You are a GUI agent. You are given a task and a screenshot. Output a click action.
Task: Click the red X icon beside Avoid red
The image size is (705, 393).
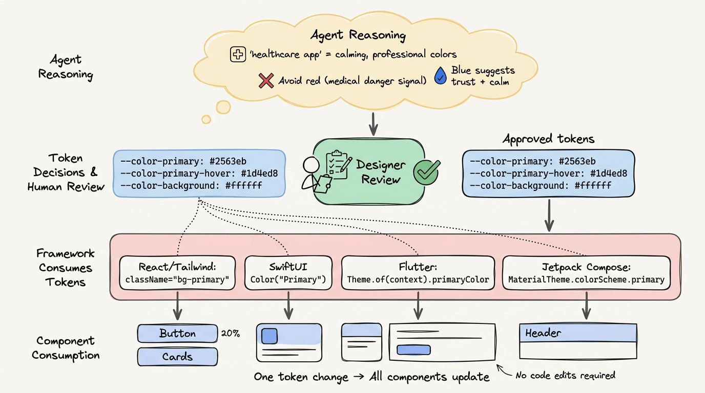click(x=266, y=80)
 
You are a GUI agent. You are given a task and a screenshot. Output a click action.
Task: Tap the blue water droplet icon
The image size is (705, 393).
click(x=440, y=76)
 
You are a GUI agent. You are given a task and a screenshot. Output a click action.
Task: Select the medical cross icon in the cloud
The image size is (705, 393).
click(x=238, y=54)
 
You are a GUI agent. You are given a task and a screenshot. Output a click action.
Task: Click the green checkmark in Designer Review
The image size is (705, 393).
click(x=426, y=171)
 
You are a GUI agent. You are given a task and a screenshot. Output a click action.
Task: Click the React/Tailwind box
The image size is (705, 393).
click(x=177, y=273)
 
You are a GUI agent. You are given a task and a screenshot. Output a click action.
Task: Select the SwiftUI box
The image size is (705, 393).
click(x=288, y=273)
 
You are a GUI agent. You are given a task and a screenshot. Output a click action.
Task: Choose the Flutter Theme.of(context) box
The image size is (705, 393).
click(x=418, y=273)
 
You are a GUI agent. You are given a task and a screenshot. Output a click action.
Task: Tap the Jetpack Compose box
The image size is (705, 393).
click(x=586, y=273)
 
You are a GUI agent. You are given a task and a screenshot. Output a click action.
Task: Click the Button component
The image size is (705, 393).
click(x=177, y=334)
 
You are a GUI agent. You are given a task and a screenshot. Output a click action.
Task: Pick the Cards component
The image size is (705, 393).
click(x=177, y=357)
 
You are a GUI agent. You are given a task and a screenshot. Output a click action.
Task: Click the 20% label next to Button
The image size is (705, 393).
click(x=230, y=334)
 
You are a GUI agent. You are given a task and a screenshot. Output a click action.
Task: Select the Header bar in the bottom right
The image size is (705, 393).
click(x=578, y=333)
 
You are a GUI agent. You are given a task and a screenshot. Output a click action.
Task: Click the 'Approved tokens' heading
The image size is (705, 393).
click(x=548, y=139)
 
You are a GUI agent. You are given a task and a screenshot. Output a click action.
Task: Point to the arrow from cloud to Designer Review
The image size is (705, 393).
click(x=374, y=122)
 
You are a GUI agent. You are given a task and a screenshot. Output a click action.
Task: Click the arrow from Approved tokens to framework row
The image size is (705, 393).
click(x=549, y=215)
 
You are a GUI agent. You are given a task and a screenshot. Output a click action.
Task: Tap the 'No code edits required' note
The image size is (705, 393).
click(x=565, y=375)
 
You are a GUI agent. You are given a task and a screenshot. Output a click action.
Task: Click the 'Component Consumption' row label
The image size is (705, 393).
click(x=65, y=347)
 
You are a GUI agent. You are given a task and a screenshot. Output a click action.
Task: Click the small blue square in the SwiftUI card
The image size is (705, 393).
click(x=269, y=336)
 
